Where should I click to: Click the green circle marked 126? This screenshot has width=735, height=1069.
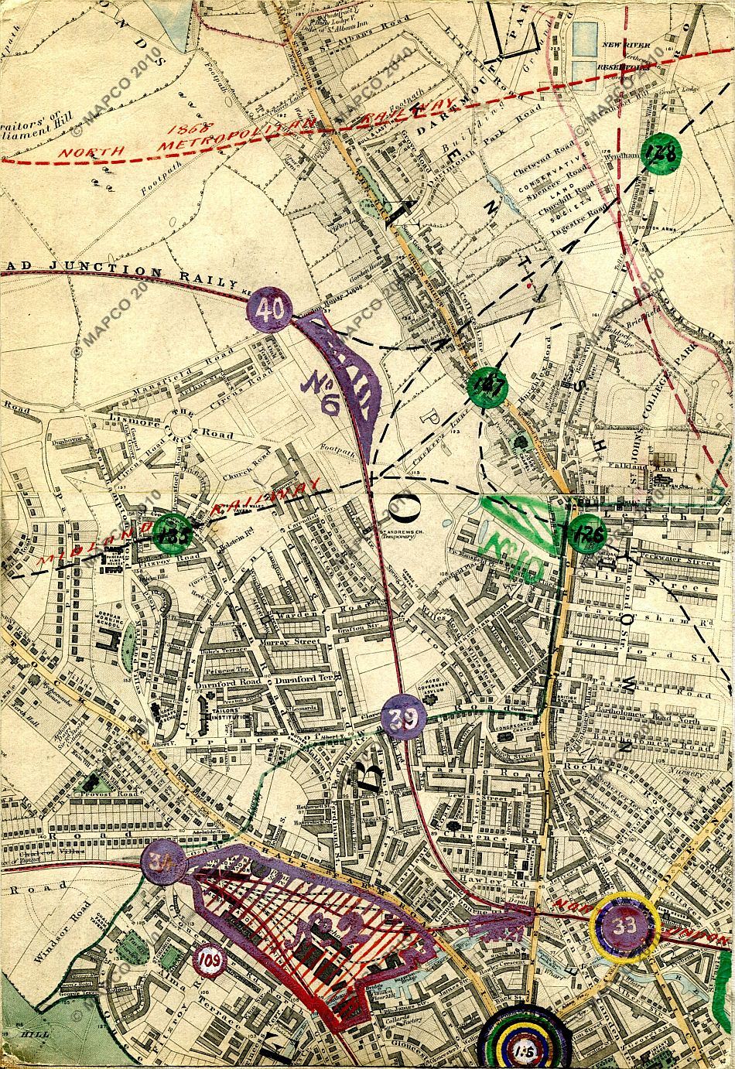(x=585, y=534)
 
